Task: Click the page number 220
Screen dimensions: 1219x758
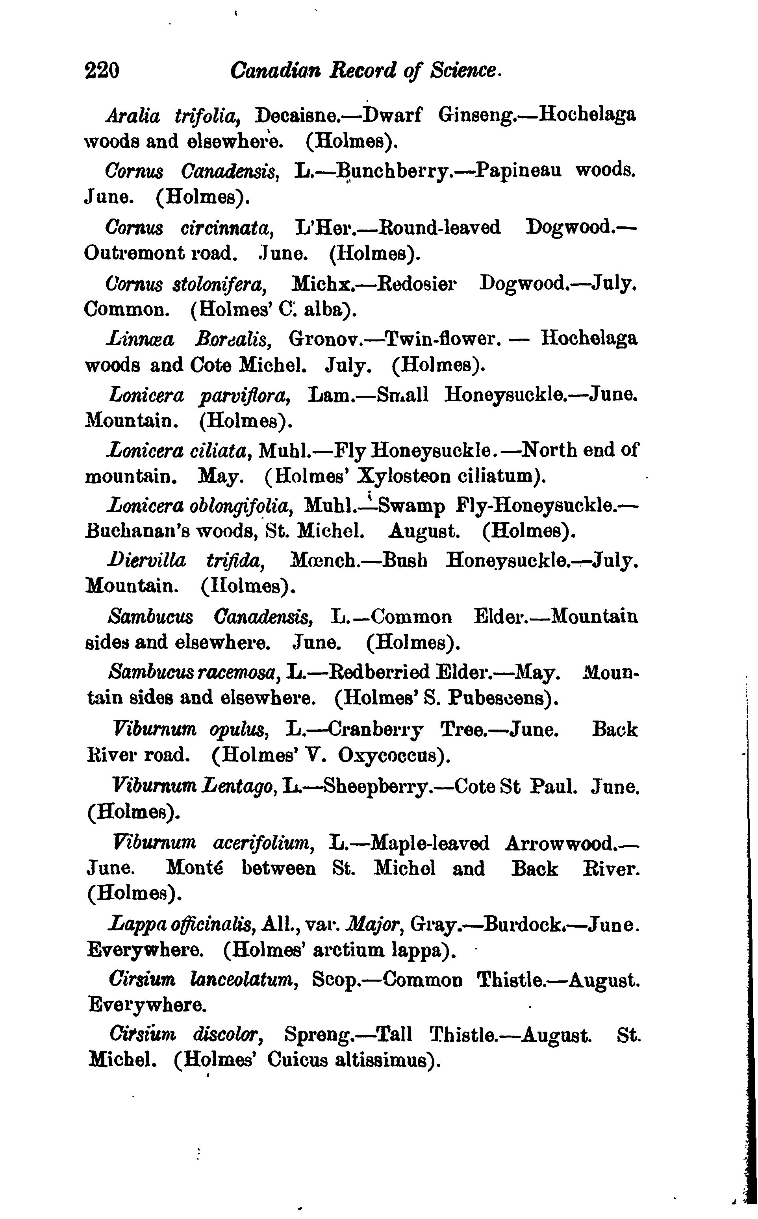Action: (x=102, y=70)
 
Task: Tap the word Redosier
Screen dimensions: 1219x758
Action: (x=417, y=284)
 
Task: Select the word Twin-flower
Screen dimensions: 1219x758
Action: (x=441, y=339)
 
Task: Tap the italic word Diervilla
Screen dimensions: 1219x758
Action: (x=146, y=560)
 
